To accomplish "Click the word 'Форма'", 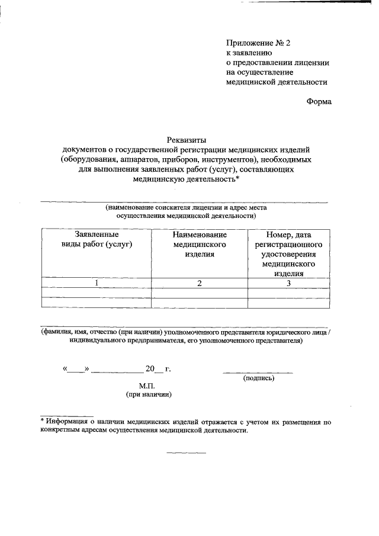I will (x=319, y=101).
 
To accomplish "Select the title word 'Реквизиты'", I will (x=185, y=140).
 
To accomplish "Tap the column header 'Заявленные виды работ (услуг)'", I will (x=97, y=239).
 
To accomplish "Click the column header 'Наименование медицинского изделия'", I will (x=200, y=244).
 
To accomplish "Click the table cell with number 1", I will (x=97, y=283).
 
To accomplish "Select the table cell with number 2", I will (x=200, y=283).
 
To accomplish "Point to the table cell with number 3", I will (x=288, y=283).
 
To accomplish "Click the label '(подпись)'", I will (x=258, y=377).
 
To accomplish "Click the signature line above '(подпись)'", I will (x=258, y=373).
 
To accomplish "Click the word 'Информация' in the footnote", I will (x=66, y=422).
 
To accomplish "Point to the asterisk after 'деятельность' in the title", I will (x=237, y=178).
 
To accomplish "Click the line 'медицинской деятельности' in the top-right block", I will (x=277, y=82).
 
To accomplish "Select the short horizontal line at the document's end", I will (x=186, y=453).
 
